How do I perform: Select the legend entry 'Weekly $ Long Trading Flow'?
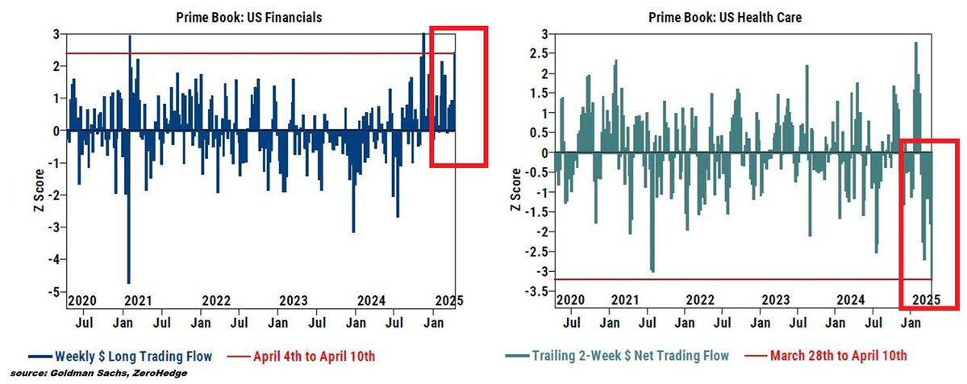click(x=119, y=355)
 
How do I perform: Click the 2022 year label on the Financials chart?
click(x=216, y=300)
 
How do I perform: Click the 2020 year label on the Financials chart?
click(x=82, y=300)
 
